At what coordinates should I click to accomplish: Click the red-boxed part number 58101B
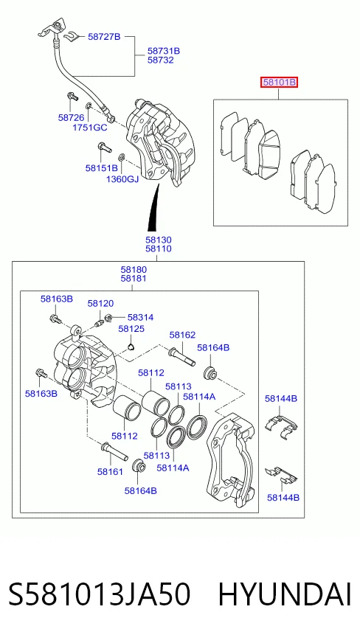coord(280,83)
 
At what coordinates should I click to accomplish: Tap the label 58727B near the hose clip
coord(104,37)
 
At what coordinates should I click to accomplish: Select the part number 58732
coord(160,60)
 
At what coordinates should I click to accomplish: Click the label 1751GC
coord(90,128)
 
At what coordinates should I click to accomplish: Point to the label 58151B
coord(102,168)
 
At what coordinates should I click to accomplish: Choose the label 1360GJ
coord(122,179)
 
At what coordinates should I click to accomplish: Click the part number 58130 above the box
coord(159,240)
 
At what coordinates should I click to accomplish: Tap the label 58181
coord(134,279)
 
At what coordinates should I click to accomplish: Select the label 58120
coord(100,304)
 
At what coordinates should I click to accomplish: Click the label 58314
coord(141,317)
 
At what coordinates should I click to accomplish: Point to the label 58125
coord(131,329)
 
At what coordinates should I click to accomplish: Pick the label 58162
coord(182,335)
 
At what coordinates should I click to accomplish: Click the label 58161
coord(111,472)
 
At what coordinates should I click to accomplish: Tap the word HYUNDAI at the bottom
coord(285,595)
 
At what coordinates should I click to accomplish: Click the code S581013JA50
coord(100,595)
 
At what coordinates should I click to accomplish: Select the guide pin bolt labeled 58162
coord(181,356)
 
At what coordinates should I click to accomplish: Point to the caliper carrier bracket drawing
coord(231,459)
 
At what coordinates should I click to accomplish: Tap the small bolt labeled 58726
coord(72,97)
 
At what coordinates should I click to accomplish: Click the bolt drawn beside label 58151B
coord(105,147)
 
